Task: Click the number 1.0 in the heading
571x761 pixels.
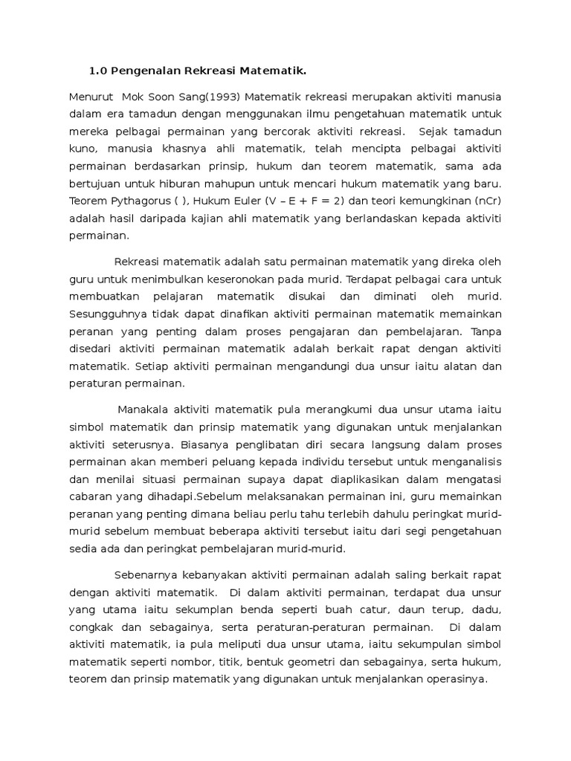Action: click(x=98, y=71)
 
